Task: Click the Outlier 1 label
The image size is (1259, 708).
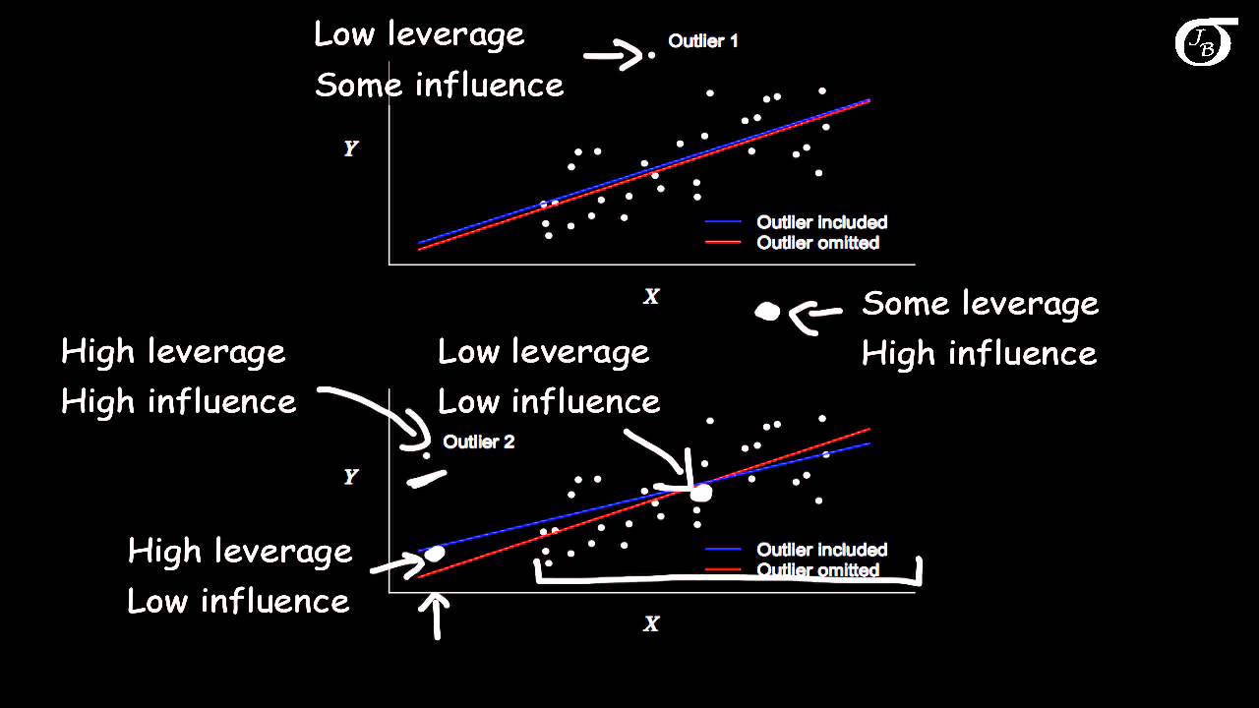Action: [702, 41]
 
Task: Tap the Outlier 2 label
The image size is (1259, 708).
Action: [478, 442]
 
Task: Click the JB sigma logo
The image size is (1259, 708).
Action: [1204, 43]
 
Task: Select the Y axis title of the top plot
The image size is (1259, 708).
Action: [350, 148]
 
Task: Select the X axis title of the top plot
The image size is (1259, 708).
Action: [650, 296]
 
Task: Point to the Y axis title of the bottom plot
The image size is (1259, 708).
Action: [350, 477]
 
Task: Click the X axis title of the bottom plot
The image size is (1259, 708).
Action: [650, 623]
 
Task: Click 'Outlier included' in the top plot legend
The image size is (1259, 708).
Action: [821, 222]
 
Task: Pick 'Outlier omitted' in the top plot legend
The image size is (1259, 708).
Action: [817, 243]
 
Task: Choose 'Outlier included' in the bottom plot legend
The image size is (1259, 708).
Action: [821, 550]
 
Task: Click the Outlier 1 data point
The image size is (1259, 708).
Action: [651, 55]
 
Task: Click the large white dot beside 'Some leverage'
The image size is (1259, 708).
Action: [767, 312]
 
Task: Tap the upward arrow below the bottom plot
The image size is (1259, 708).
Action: [436, 617]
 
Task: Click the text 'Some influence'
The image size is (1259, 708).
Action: [440, 86]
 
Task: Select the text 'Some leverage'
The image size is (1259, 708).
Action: [980, 304]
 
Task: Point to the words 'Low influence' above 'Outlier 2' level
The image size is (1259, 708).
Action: [548, 401]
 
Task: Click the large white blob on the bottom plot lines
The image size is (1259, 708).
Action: [700, 492]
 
